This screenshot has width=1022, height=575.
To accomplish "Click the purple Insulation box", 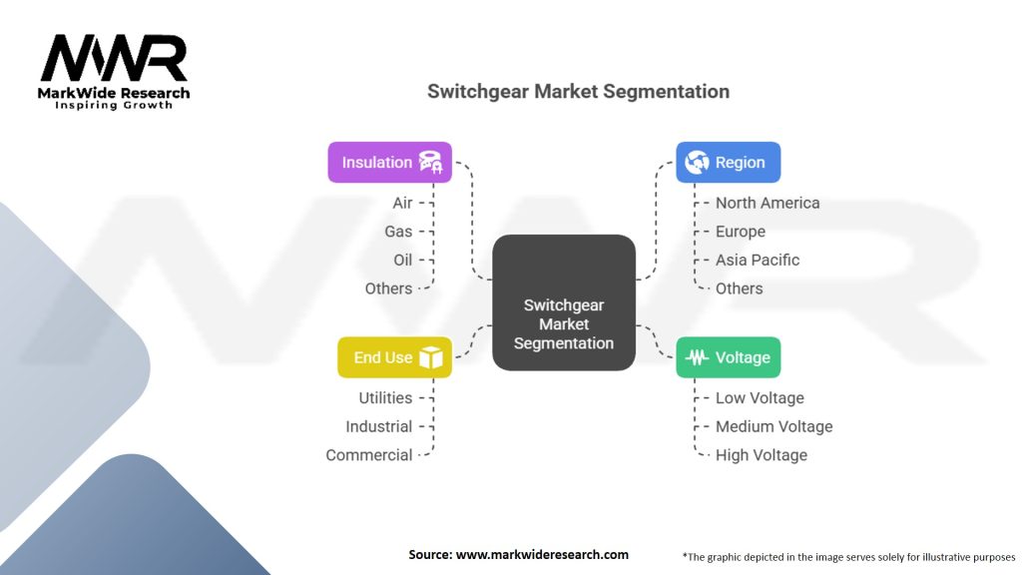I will point(389,162).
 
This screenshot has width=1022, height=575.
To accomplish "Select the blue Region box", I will point(728,162).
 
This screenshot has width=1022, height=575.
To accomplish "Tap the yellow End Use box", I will point(394,357).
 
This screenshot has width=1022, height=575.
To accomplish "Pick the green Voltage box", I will point(728,357).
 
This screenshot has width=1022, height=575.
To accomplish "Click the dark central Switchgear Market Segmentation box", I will point(564,302).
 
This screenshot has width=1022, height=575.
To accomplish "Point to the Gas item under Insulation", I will point(398,232).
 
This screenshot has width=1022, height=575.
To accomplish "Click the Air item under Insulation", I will point(402,203).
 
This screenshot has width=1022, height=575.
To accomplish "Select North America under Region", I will point(766,203).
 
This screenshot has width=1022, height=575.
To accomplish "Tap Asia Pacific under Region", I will point(757,260).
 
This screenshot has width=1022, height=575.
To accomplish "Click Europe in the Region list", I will point(740,232).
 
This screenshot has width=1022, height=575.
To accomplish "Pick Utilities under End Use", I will point(385,398).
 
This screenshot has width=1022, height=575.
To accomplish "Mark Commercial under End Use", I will point(368,455).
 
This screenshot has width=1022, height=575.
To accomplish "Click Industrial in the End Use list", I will point(378,426).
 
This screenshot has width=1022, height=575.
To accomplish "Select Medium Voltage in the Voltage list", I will point(773,426).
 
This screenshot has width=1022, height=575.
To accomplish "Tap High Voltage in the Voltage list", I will point(761,455).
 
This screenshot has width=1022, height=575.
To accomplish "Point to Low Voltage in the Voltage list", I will point(759,398).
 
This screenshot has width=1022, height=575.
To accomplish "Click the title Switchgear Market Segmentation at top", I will point(578,91).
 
